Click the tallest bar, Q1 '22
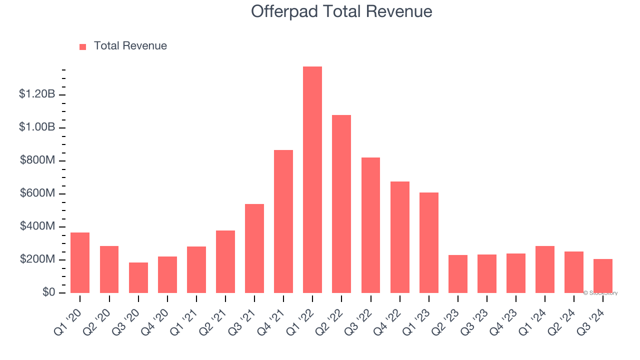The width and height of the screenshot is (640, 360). pyautogui.click(x=312, y=179)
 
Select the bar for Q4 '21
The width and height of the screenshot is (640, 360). pyautogui.click(x=283, y=221)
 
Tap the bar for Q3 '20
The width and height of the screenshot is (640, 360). pyautogui.click(x=138, y=277)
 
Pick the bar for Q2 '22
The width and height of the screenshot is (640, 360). pyautogui.click(x=341, y=204)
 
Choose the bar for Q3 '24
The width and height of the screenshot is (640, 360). pyautogui.click(x=602, y=276)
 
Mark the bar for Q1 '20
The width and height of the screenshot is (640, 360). pyautogui.click(x=80, y=262)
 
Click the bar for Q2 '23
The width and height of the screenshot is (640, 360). pyautogui.click(x=457, y=274)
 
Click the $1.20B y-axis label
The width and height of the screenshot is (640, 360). pyautogui.click(x=37, y=94)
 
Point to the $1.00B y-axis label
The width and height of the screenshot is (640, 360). pyautogui.click(x=37, y=127)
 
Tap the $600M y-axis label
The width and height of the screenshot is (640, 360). pyautogui.click(x=37, y=193)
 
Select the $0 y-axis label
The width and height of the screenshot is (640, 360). pyautogui.click(x=48, y=292)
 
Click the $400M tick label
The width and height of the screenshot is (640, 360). pyautogui.click(x=37, y=226)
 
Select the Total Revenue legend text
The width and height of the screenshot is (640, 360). pyautogui.click(x=130, y=46)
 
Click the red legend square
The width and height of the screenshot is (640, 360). pyautogui.click(x=82, y=46)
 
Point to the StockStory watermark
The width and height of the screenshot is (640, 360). pyautogui.click(x=600, y=293)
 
